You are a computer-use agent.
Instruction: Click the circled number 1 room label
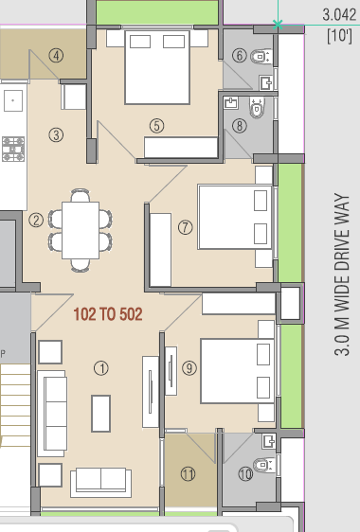coord(101,367)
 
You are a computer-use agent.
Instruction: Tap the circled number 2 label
coord(36,221)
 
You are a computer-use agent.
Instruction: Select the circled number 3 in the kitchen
coord(57,134)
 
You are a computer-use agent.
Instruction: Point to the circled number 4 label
coord(57,55)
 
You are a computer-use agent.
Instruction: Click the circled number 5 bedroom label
coord(156,124)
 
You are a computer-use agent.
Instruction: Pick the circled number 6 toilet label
coord(240,55)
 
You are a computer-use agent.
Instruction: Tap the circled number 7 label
coord(185,227)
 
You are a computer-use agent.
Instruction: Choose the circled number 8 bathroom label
coord(240,124)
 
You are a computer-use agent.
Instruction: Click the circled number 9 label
coord(189,367)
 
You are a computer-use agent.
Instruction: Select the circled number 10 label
coord(246,475)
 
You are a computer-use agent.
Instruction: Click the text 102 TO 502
coord(109,314)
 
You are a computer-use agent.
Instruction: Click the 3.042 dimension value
coord(338,14)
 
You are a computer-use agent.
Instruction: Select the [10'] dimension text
coord(339,36)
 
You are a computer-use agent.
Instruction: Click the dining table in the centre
coord(81,228)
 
